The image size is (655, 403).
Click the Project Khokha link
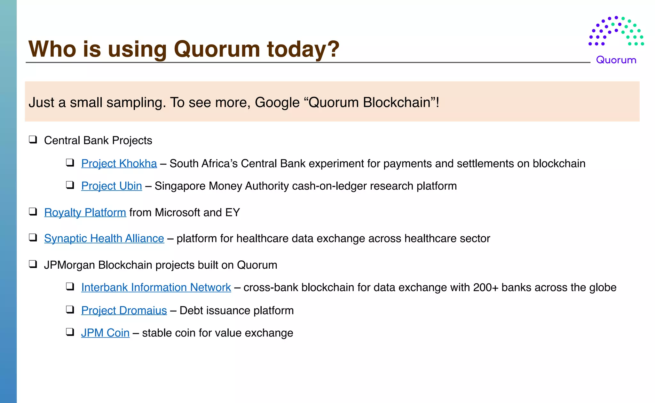click(x=119, y=164)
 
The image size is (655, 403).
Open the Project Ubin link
click(x=111, y=186)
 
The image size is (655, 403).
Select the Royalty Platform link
click(x=85, y=213)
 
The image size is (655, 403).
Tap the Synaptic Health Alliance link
click(x=104, y=239)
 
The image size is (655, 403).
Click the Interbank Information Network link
click(x=156, y=288)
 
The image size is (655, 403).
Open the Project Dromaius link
click(x=124, y=311)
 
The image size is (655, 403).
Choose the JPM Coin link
click(x=105, y=333)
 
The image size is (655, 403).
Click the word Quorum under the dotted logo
click(x=616, y=60)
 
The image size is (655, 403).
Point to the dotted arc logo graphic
click(x=616, y=31)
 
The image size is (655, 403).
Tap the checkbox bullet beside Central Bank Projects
click(x=33, y=140)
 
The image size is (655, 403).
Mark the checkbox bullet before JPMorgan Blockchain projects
click(x=33, y=264)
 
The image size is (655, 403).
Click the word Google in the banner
click(x=277, y=103)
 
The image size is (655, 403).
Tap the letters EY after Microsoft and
click(x=233, y=213)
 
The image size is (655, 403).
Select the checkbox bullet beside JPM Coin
click(x=70, y=332)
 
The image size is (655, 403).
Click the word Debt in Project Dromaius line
click(x=191, y=311)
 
